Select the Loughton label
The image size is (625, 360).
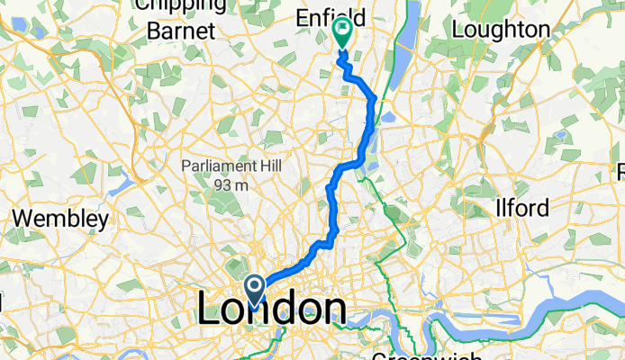pos(501,29)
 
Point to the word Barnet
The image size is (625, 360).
pos(181,30)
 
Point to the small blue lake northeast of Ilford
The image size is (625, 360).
pos(562,136)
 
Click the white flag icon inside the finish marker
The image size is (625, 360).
pos(343,30)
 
